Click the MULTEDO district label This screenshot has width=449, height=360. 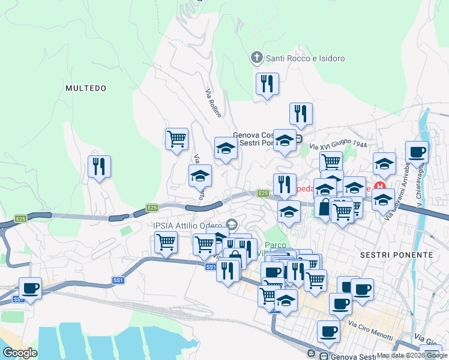86,88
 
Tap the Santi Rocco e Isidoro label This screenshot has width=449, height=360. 305,58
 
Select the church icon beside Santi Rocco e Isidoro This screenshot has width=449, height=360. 256,58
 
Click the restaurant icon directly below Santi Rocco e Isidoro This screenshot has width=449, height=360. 267,84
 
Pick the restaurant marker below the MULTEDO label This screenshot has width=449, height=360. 99,166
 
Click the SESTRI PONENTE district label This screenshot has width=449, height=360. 396,255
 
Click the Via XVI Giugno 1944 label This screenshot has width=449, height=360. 338,146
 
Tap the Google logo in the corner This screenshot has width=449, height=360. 20,353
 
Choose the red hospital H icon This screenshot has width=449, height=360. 379,187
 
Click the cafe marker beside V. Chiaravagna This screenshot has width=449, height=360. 417,152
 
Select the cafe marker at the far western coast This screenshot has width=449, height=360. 30,287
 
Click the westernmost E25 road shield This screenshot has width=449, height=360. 21,219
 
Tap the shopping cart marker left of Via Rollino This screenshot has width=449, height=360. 176,139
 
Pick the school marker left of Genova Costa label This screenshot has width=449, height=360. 226,148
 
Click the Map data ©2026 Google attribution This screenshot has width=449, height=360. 412,355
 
